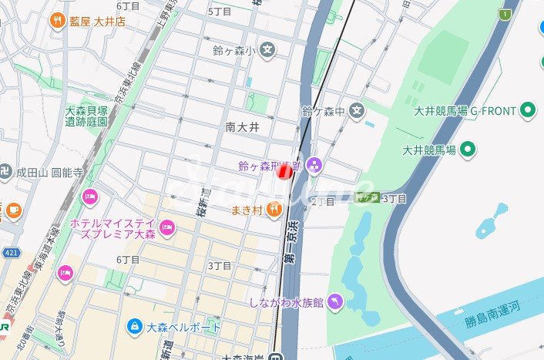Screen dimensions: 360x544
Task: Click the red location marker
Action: click(x=285, y=171)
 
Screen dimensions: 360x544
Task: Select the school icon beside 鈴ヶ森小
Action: click(x=267, y=51)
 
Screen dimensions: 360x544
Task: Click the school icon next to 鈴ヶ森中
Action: click(x=356, y=112)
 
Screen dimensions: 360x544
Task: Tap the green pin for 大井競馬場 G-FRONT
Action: click(x=529, y=111)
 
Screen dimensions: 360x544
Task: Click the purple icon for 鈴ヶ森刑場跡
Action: click(x=314, y=165)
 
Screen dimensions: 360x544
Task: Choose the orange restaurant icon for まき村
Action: click(x=274, y=209)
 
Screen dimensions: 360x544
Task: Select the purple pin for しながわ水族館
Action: click(x=335, y=302)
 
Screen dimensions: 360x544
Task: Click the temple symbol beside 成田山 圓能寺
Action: click(x=6, y=171)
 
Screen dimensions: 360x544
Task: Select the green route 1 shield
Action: click(x=505, y=14)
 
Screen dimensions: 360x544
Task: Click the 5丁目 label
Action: click(x=220, y=12)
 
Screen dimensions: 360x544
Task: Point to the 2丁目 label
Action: click(x=322, y=202)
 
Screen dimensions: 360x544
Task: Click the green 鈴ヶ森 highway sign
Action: click(x=368, y=197)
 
